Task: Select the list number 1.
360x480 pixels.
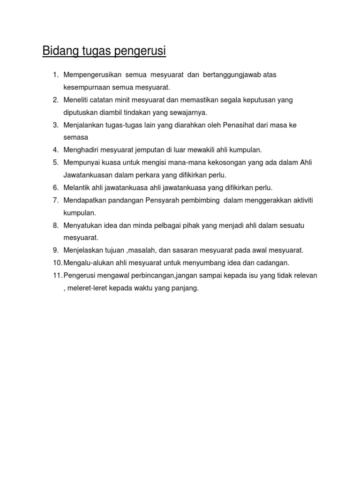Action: [x=55, y=75]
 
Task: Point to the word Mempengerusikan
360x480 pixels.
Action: [x=93, y=75]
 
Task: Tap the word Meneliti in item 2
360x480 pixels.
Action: [x=76, y=100]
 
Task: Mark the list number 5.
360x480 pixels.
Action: [x=55, y=163]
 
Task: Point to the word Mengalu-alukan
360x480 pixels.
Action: [x=86, y=263]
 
